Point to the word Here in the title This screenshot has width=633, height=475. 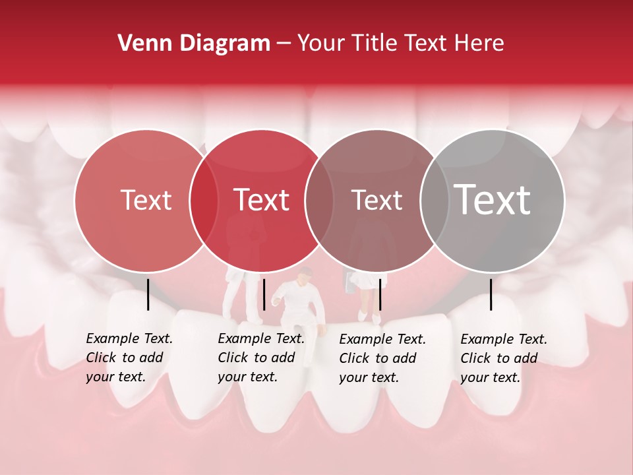point(480,44)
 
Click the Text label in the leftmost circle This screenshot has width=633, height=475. point(146,201)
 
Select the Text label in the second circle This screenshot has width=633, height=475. point(261,200)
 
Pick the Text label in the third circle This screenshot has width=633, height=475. point(377,201)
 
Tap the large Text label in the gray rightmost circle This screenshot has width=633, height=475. point(492,200)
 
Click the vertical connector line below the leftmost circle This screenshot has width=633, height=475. point(148,294)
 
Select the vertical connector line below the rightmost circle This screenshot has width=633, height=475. point(491,294)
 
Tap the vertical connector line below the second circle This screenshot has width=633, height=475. point(264,294)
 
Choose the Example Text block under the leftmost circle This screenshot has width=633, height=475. point(129,358)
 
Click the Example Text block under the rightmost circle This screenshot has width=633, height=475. point(504,358)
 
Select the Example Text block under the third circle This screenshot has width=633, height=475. point(382,358)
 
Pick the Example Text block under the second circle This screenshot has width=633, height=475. point(261,358)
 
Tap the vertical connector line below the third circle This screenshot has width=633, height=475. point(380,294)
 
